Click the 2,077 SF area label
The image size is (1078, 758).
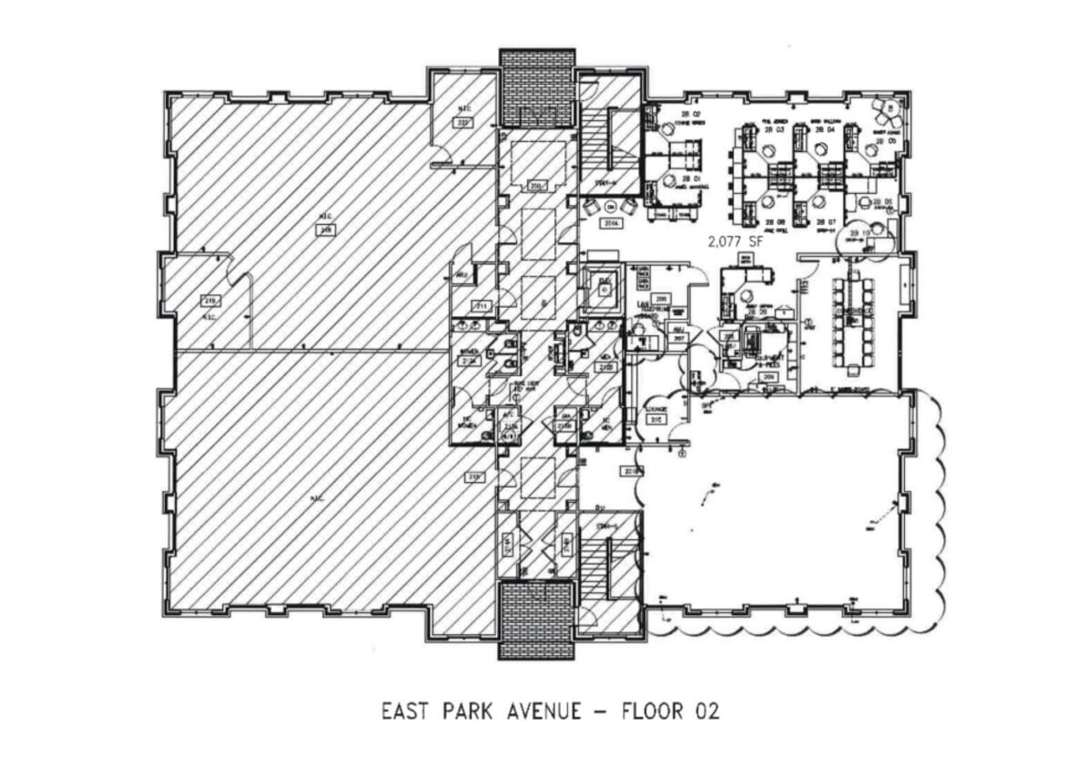pos(734,242)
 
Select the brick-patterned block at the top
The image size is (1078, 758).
pos(537,87)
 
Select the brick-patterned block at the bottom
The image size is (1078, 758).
pos(536,619)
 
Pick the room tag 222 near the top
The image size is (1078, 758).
pos(463,123)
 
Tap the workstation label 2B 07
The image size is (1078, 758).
pos(825,222)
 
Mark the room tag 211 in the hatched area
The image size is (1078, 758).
pos(480,305)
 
